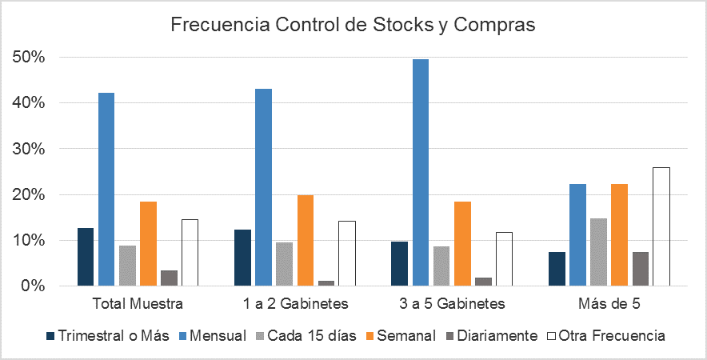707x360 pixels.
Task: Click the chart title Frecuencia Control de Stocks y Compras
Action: pos(353,24)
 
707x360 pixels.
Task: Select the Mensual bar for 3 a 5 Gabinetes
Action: pos(421,172)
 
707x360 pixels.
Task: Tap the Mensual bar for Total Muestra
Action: pos(106,189)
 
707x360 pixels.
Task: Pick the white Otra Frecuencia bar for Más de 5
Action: pos(661,226)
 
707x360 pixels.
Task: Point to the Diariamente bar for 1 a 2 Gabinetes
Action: pos(326,283)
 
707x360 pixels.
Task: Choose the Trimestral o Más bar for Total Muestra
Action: pos(86,257)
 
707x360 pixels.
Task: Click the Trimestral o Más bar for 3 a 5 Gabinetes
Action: pos(400,263)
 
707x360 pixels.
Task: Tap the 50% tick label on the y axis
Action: pos(28,58)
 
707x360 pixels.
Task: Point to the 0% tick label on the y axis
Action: pos(32,286)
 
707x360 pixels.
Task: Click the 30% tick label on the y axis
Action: pos(28,149)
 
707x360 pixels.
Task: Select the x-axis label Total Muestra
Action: pos(138,304)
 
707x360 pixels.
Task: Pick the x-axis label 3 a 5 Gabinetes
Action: pos(453,304)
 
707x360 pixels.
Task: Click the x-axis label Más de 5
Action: pos(609,304)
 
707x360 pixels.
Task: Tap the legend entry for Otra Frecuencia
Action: pos(613,335)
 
